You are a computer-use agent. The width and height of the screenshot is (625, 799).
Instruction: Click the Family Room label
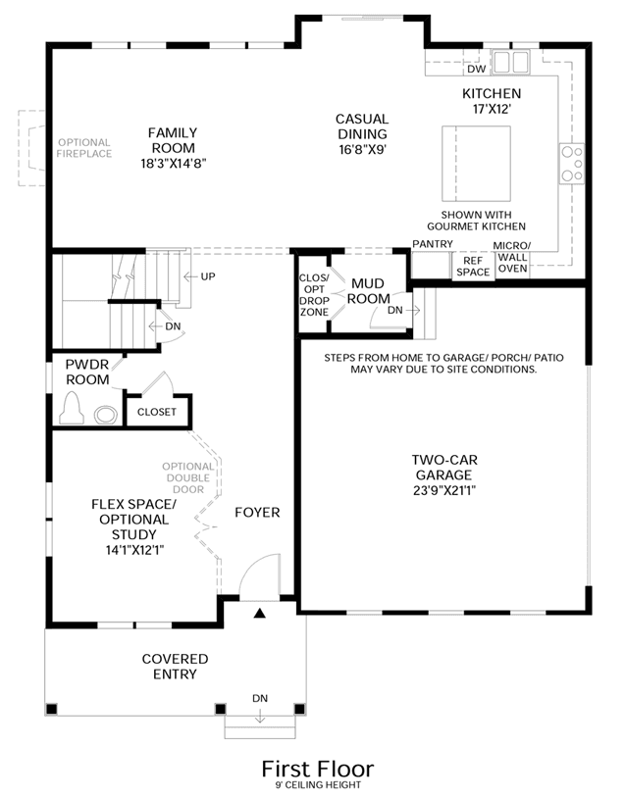174,140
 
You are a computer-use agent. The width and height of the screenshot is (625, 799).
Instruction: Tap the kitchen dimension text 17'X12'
492,109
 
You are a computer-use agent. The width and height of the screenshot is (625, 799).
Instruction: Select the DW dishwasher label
477,69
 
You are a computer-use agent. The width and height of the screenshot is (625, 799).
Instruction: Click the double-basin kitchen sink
511,62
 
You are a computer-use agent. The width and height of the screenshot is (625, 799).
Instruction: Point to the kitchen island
476,164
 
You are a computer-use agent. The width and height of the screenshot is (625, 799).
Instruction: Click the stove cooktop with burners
571,164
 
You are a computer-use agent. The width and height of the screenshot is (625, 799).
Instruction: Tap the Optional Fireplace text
84,148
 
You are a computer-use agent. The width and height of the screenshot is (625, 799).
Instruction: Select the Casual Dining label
362,126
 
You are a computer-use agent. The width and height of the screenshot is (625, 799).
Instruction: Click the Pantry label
433,244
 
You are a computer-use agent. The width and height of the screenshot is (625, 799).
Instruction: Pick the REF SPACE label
473,267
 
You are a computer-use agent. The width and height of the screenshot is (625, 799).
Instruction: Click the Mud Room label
368,291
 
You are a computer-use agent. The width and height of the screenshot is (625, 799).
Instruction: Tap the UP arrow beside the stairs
191,276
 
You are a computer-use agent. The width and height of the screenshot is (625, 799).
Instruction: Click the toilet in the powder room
72,408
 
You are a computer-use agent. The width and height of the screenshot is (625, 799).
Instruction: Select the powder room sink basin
106,415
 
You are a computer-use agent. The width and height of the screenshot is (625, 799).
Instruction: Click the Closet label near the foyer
157,412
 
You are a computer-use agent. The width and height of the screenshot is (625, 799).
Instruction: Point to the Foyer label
257,512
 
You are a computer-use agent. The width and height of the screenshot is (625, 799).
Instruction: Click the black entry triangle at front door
260,613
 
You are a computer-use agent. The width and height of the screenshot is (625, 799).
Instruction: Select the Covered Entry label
175,666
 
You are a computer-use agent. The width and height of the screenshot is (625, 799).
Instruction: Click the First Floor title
318,769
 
